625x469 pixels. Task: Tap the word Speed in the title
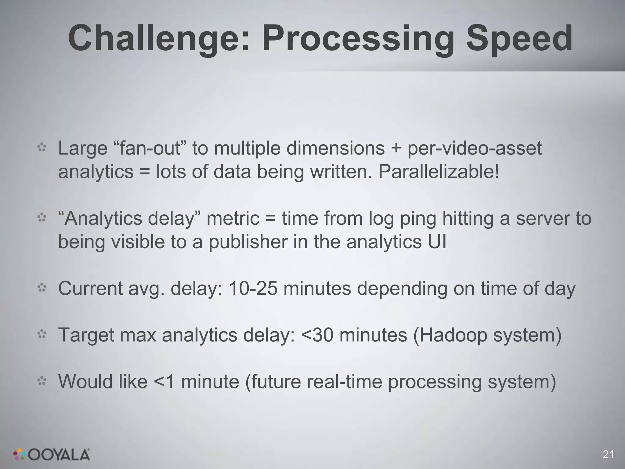click(518, 39)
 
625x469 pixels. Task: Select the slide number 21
click(608, 454)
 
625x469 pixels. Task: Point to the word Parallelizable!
click(439, 172)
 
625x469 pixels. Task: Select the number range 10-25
click(253, 289)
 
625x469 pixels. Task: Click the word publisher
click(248, 242)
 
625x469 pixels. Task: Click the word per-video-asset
click(475, 148)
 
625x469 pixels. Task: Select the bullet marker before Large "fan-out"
click(42, 148)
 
